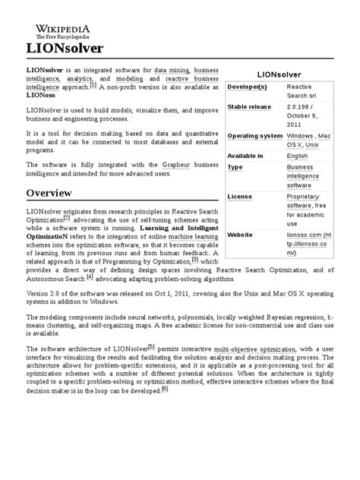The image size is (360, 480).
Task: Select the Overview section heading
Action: pyautogui.click(x=51, y=194)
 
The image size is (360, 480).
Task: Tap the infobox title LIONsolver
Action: pyautogui.click(x=279, y=75)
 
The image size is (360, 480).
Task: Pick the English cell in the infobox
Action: pyautogui.click(x=298, y=156)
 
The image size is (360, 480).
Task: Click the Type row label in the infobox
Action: pyautogui.click(x=236, y=166)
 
